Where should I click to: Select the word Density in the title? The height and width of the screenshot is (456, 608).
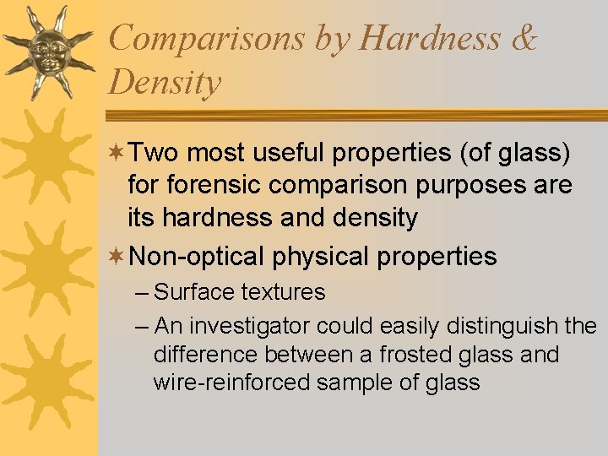pos(165,83)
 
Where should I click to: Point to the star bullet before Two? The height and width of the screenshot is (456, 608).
pos(118,153)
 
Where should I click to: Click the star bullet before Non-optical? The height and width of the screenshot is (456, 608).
pos(118,256)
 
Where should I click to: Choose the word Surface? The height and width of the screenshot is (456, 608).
pos(195,292)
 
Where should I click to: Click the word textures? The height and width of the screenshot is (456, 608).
pos(283,292)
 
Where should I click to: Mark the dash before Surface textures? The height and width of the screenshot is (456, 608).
pos(142,293)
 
